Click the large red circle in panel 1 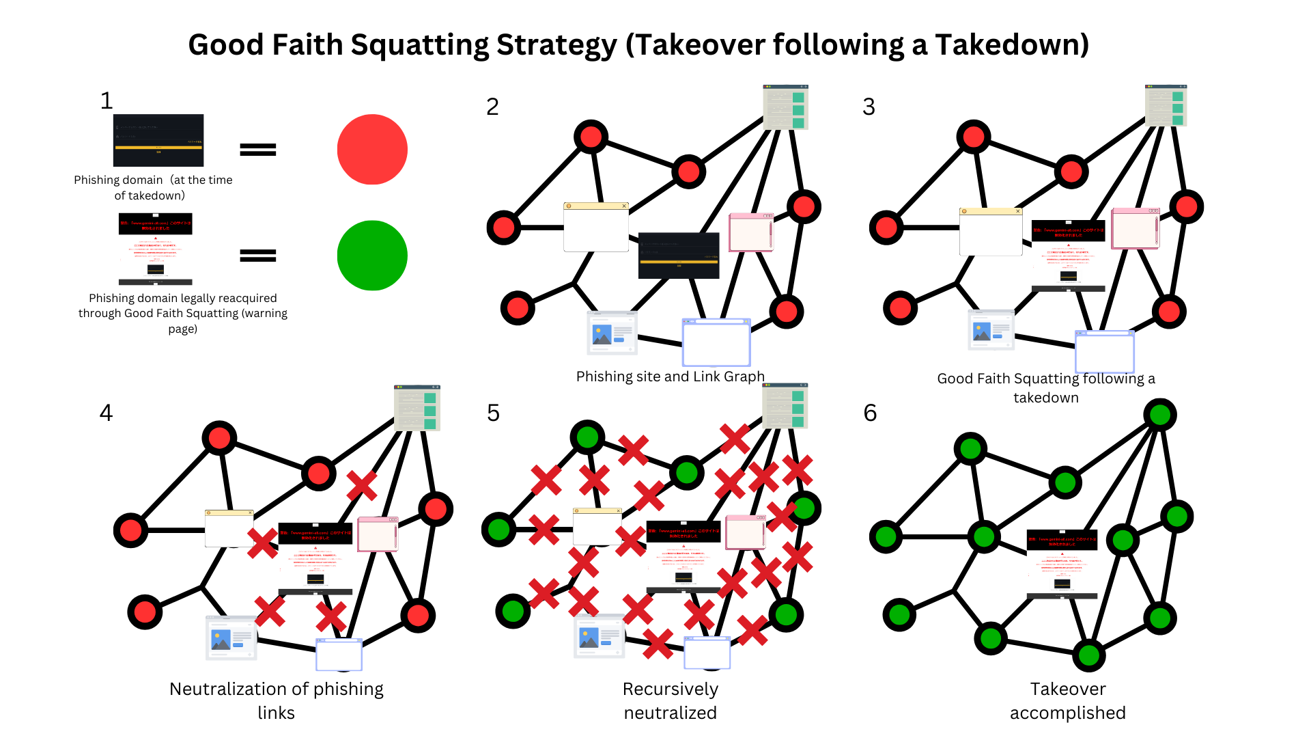[372, 150]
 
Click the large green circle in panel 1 [372, 256]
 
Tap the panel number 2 [492, 107]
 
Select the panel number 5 [493, 413]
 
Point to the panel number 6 [870, 413]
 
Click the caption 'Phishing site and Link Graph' [670, 377]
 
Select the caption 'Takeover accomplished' [1067, 700]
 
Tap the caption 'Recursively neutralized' [670, 700]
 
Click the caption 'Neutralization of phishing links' [276, 700]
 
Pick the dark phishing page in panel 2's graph [679, 256]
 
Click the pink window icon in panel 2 [751, 232]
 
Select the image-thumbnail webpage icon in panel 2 [612, 333]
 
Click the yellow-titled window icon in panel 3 [990, 232]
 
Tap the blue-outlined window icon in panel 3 [1104, 352]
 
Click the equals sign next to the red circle [258, 150]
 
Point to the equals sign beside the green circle [258, 256]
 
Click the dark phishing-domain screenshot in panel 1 [158, 140]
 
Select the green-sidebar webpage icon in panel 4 [417, 408]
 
